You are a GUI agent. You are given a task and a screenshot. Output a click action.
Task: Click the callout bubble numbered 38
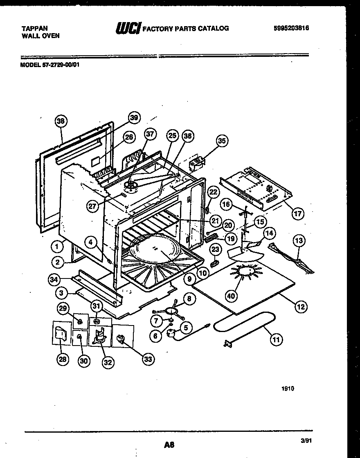(61, 121)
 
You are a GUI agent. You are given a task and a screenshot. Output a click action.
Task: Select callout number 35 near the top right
(221, 141)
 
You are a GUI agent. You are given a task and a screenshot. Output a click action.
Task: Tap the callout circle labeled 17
(298, 213)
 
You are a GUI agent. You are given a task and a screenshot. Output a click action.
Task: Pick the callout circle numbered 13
(299, 240)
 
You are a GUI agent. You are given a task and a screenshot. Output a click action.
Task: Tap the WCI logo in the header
(128, 28)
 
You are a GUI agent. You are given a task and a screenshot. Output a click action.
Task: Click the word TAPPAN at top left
(34, 28)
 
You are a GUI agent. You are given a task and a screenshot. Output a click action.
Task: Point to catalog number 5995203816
(291, 28)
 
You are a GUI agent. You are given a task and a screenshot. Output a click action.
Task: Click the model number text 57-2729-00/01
(60, 63)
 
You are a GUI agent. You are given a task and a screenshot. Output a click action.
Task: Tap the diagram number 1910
(288, 389)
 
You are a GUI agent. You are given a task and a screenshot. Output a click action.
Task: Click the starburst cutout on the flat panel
(245, 272)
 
